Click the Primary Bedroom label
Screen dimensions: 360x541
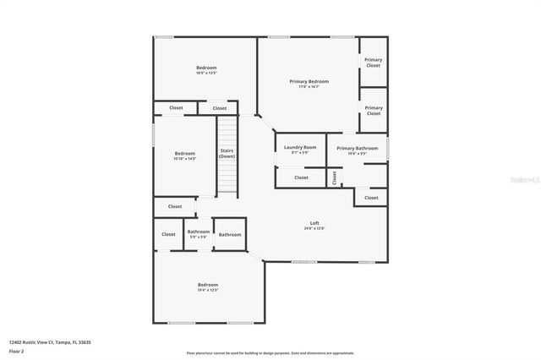[x=309, y=81]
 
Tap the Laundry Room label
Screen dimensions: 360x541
[x=300, y=147]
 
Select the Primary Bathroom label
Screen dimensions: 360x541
[x=357, y=148]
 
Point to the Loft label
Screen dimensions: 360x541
[x=314, y=222]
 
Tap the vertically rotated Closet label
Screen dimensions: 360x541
[x=334, y=177]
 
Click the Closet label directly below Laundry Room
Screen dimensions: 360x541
[x=301, y=177]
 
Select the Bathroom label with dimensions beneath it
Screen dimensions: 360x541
[x=199, y=232]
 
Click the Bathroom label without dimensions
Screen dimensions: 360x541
[x=230, y=234]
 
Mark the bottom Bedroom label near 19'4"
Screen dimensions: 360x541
[x=208, y=285]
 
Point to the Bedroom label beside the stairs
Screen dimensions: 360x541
[x=184, y=153]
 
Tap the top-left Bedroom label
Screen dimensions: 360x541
[x=206, y=68]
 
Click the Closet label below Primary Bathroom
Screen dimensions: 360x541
[x=371, y=198]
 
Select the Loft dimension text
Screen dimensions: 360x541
[x=314, y=228]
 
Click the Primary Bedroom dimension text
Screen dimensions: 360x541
[x=309, y=87]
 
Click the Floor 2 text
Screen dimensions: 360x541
[x=17, y=351]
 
